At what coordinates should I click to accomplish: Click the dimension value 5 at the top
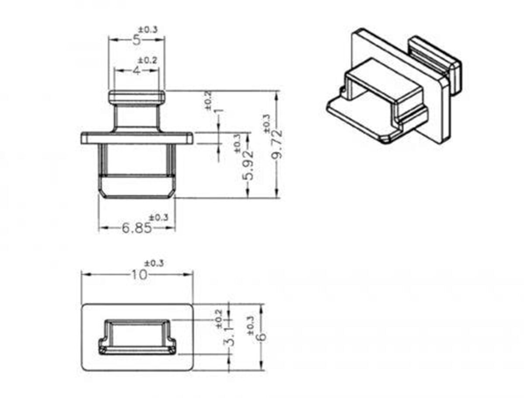click(x=136, y=40)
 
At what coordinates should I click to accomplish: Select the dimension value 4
click(x=136, y=71)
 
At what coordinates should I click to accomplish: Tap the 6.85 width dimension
click(x=137, y=228)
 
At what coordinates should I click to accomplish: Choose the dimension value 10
click(x=139, y=274)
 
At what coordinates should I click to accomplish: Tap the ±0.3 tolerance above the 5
click(x=148, y=30)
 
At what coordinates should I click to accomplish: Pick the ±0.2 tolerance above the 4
click(x=148, y=60)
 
